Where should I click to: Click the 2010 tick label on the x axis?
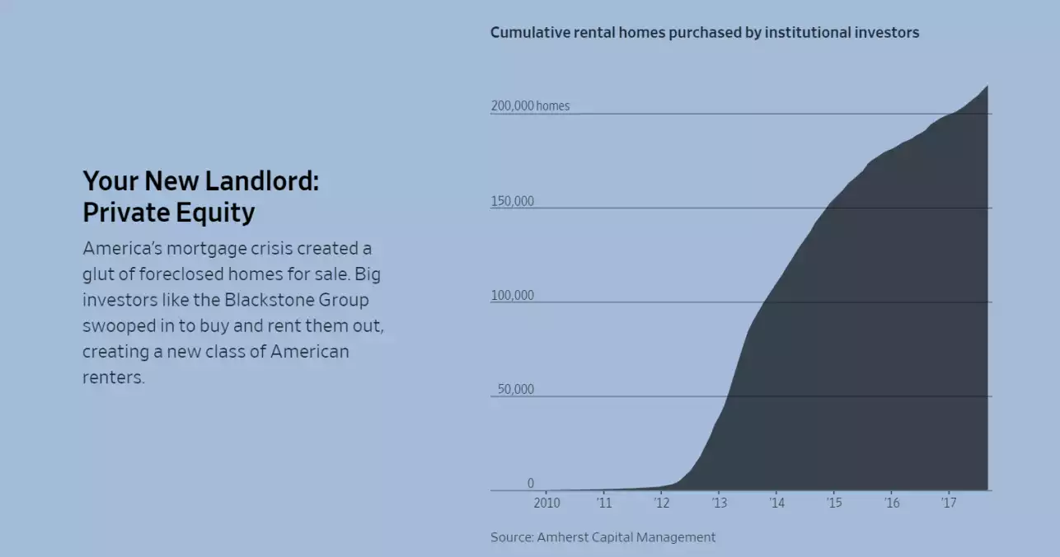tap(546, 503)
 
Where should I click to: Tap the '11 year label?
tap(604, 503)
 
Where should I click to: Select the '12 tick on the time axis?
tap(662, 503)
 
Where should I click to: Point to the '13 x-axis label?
tap(720, 503)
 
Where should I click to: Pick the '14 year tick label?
tap(776, 503)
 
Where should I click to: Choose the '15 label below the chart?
tap(834, 503)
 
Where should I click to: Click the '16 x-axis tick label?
tap(892, 503)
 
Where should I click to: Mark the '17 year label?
tap(949, 503)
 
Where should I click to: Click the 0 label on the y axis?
tap(531, 483)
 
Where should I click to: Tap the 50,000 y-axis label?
tap(515, 389)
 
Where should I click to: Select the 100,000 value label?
tap(513, 295)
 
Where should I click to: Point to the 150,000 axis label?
tap(513, 201)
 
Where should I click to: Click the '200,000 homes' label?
tap(530, 105)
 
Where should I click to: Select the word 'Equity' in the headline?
tap(215, 213)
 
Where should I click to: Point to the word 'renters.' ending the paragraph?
tap(113, 377)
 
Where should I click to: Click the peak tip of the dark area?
tap(987, 86)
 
